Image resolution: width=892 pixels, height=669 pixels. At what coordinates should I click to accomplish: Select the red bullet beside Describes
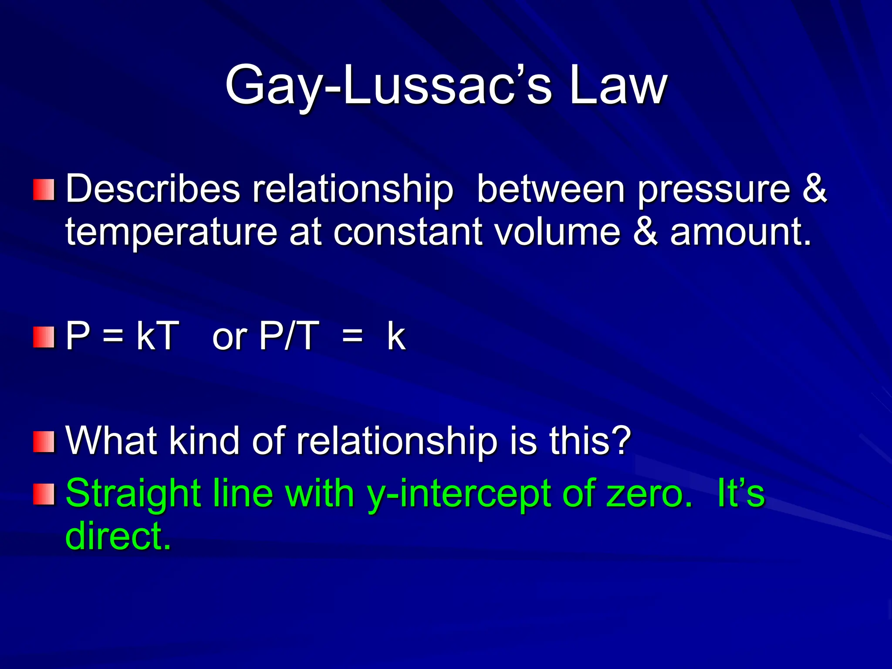44,190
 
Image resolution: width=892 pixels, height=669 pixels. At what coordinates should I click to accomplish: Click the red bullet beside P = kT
44,337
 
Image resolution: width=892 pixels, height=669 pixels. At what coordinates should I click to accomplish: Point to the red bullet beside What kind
44,442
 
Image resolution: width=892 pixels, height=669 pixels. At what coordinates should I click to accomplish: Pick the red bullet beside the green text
44,494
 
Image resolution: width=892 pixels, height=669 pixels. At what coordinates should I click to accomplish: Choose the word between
551,189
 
